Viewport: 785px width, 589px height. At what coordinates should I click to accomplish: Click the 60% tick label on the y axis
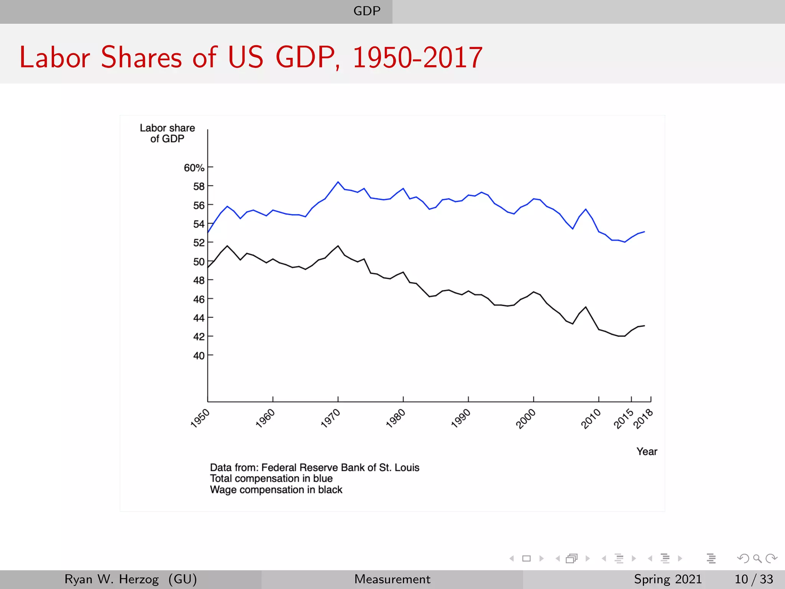(194, 168)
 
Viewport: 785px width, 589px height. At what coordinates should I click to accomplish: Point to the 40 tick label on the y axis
(199, 356)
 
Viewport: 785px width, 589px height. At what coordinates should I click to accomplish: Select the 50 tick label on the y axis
(199, 262)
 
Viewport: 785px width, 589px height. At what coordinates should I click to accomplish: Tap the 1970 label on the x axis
(330, 418)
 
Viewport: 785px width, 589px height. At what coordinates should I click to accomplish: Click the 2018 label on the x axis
(643, 419)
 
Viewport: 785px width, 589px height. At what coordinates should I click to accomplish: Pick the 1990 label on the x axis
(461, 418)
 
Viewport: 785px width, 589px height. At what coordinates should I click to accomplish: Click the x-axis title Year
(647, 452)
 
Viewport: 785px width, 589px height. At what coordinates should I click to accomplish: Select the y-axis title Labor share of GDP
(167, 133)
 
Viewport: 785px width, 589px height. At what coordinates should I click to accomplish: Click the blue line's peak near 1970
(338, 182)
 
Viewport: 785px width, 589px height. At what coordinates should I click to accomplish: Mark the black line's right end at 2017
(644, 326)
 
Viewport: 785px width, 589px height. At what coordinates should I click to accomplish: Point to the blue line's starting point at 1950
(208, 232)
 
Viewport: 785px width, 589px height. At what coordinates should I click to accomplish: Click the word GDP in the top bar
(367, 11)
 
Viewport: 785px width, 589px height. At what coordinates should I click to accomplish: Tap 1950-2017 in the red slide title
(417, 58)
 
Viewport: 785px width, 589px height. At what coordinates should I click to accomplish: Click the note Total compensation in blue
(271, 479)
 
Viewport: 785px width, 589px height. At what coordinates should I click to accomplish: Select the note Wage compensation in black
(276, 490)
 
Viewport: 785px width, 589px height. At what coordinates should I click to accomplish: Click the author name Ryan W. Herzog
(112, 579)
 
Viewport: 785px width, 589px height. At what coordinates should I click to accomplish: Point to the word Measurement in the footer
(392, 579)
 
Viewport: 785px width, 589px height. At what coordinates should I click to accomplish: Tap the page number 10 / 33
(754, 579)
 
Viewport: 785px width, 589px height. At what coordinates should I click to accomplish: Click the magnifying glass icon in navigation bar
(757, 558)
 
